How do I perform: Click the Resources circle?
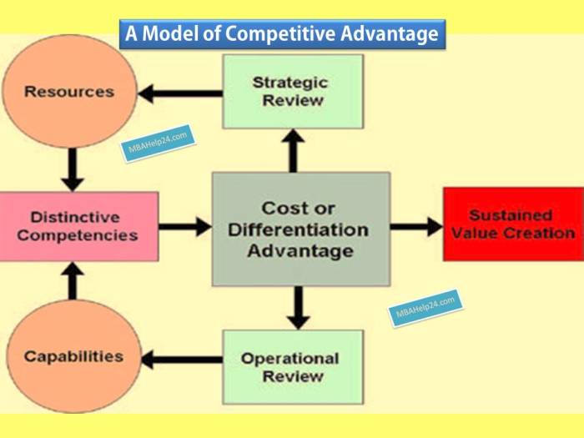click(69, 92)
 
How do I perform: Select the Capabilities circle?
click(73, 356)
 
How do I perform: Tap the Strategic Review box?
click(293, 92)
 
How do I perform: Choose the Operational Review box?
click(293, 367)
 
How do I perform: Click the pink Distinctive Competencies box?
click(79, 226)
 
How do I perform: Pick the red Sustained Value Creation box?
click(513, 224)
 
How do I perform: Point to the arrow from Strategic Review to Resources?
click(180, 93)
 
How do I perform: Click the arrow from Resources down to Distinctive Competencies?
click(73, 170)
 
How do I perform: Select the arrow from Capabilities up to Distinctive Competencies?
click(73, 281)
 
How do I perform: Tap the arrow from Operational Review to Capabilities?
click(182, 360)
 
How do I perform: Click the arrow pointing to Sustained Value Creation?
click(417, 227)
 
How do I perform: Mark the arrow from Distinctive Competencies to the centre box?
click(185, 227)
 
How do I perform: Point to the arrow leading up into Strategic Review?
click(293, 151)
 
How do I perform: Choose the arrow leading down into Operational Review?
click(298, 308)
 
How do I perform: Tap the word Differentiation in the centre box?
click(298, 229)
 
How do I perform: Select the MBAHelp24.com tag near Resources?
click(158, 143)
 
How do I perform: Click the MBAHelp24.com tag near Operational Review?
click(425, 308)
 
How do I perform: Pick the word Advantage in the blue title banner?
click(390, 34)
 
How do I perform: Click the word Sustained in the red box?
click(511, 215)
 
